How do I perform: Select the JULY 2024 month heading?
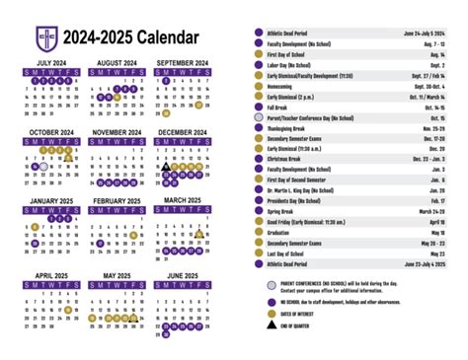pos(52,62)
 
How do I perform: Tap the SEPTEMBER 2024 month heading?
pos(182,62)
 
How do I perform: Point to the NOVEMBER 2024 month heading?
pos(117,131)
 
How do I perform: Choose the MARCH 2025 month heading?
pos(182,200)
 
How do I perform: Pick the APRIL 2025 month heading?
pos(52,275)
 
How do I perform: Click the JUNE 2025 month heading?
pos(182,275)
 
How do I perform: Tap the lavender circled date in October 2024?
pos(44,168)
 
